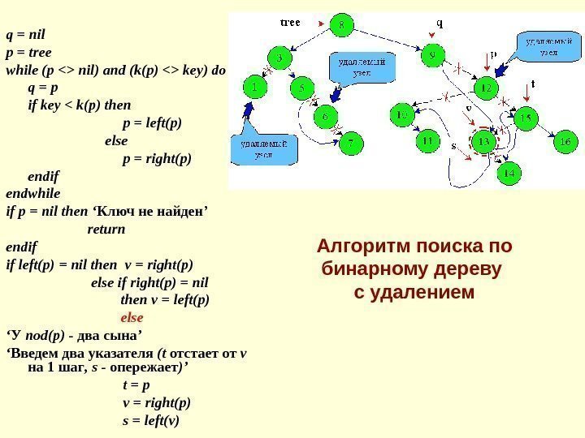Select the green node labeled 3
(280, 58)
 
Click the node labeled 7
(351, 144)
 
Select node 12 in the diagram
(485, 87)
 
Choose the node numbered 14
(509, 173)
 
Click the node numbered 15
(526, 119)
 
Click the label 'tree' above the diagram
(290, 23)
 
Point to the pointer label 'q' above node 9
(440, 23)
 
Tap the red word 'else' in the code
(132, 317)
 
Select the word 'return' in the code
(106, 230)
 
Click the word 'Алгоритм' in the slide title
(362, 246)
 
